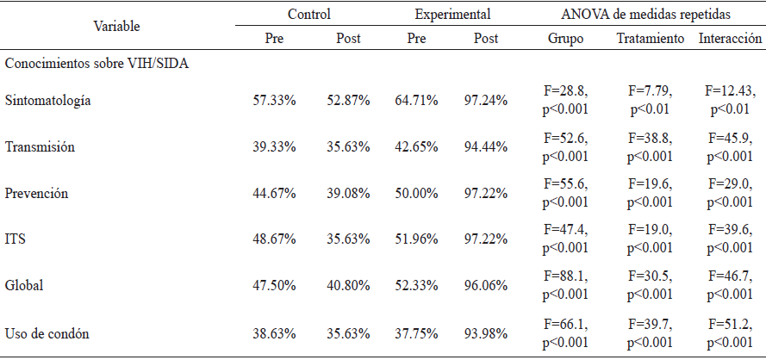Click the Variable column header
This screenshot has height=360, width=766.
117,27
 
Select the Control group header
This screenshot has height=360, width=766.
309,15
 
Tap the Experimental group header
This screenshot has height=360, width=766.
452,15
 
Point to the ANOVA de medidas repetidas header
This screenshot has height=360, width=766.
646,15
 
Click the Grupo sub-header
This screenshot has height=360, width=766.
565,39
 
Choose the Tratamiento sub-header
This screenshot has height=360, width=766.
651,39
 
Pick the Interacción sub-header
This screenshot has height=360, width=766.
731,39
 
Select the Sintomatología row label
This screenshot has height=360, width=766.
48,101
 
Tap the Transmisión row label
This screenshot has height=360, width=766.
40,147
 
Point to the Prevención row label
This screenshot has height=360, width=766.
37,194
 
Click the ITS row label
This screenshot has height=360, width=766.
15,239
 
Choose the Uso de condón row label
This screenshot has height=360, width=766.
47,334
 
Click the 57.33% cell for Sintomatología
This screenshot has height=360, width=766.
274,102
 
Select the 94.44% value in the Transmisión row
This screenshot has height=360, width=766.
486,147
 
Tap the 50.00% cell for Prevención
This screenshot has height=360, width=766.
416,194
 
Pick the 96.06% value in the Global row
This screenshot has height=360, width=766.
486,286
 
